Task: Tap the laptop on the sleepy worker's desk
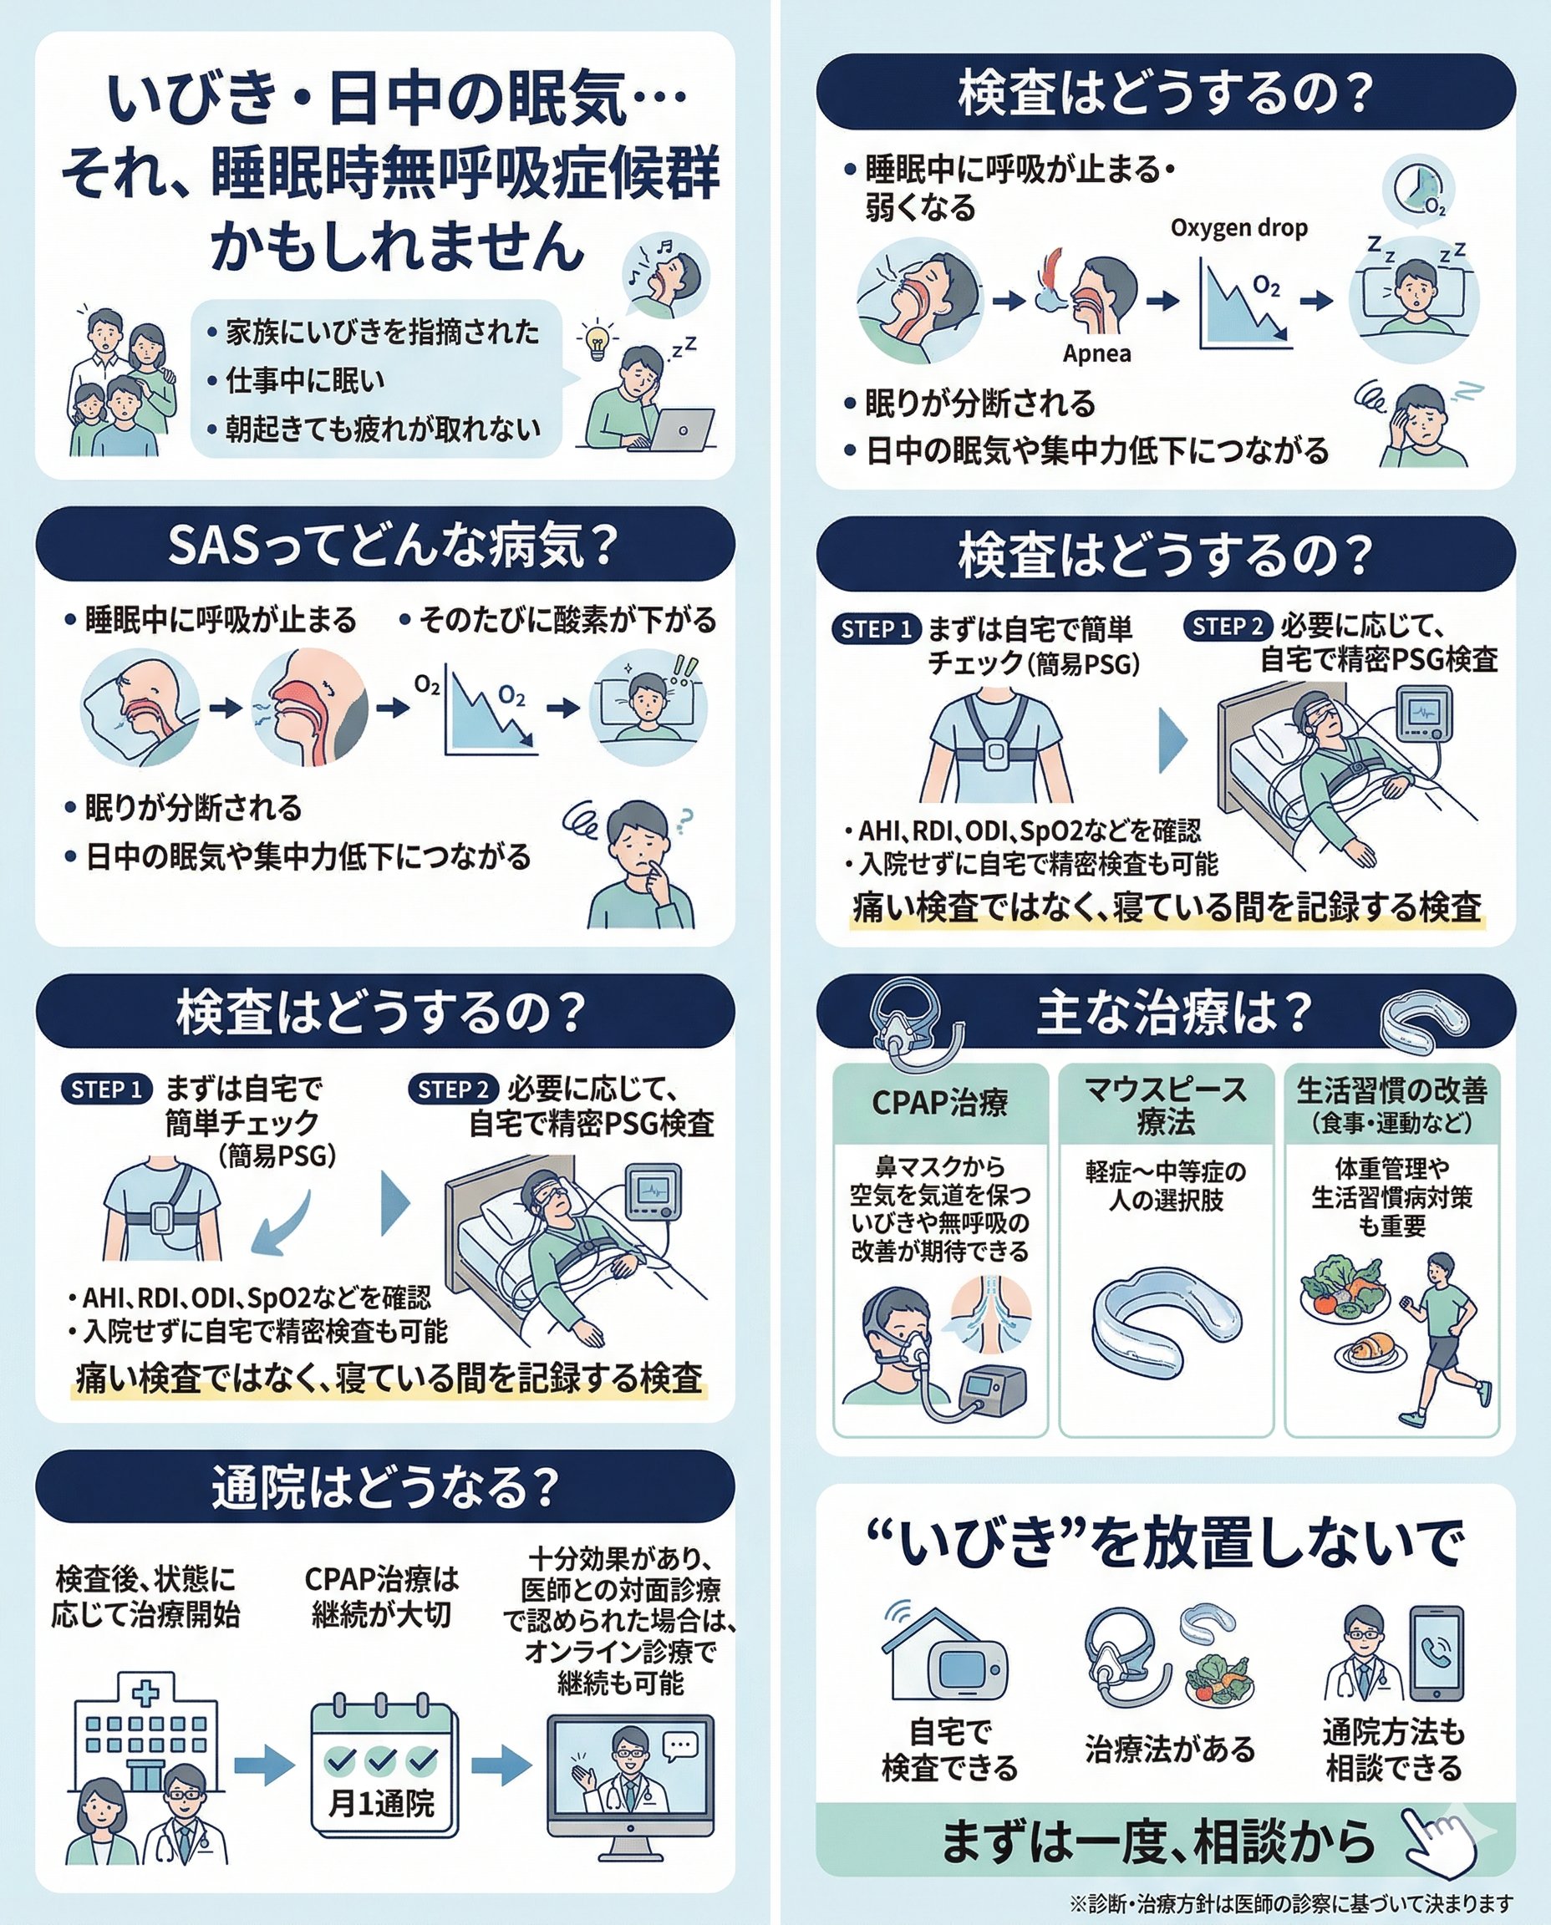pos(682,429)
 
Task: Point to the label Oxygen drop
pos(1238,229)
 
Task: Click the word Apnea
pos(1096,353)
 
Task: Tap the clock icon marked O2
pos(1419,189)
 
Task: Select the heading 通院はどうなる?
pos(385,1488)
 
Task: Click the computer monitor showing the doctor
pos(631,1796)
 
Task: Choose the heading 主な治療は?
pos(1174,1013)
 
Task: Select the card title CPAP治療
pos(940,1102)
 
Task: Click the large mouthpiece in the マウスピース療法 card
pos(1166,1321)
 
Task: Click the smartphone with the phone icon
pos(1437,1653)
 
